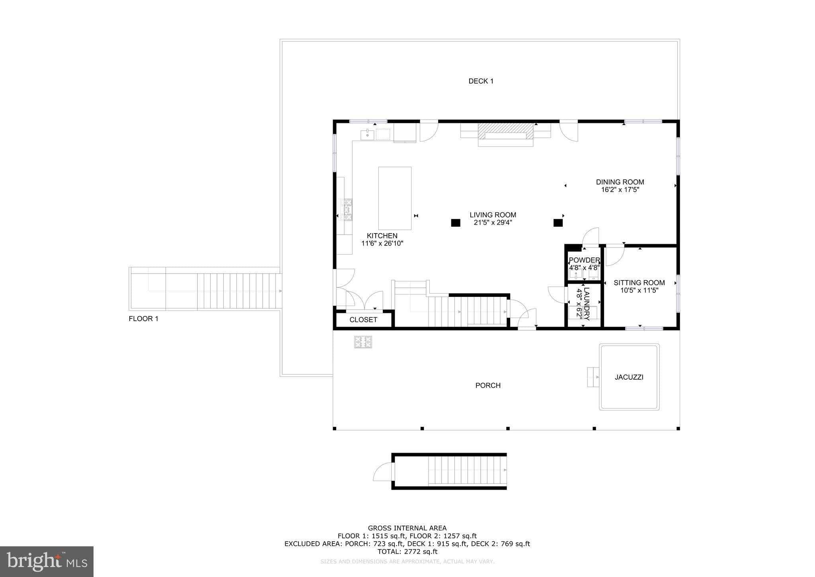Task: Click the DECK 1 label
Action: click(x=481, y=81)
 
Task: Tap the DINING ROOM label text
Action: click(x=620, y=182)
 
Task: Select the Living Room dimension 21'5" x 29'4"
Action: click(x=493, y=223)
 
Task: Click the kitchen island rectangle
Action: click(x=394, y=198)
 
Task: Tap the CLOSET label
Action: click(x=363, y=320)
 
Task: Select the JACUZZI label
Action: click(x=629, y=377)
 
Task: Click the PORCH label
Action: click(x=488, y=385)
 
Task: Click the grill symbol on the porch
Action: click(x=363, y=342)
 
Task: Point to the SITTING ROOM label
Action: click(x=639, y=283)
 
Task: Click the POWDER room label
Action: click(x=584, y=260)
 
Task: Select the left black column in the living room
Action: click(x=455, y=223)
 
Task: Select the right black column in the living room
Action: click(x=558, y=223)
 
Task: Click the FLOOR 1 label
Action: click(x=143, y=319)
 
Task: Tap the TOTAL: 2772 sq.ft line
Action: click(x=407, y=551)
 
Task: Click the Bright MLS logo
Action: click(x=47, y=561)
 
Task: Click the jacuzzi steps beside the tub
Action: click(x=593, y=377)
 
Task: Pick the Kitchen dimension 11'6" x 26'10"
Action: click(x=382, y=243)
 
